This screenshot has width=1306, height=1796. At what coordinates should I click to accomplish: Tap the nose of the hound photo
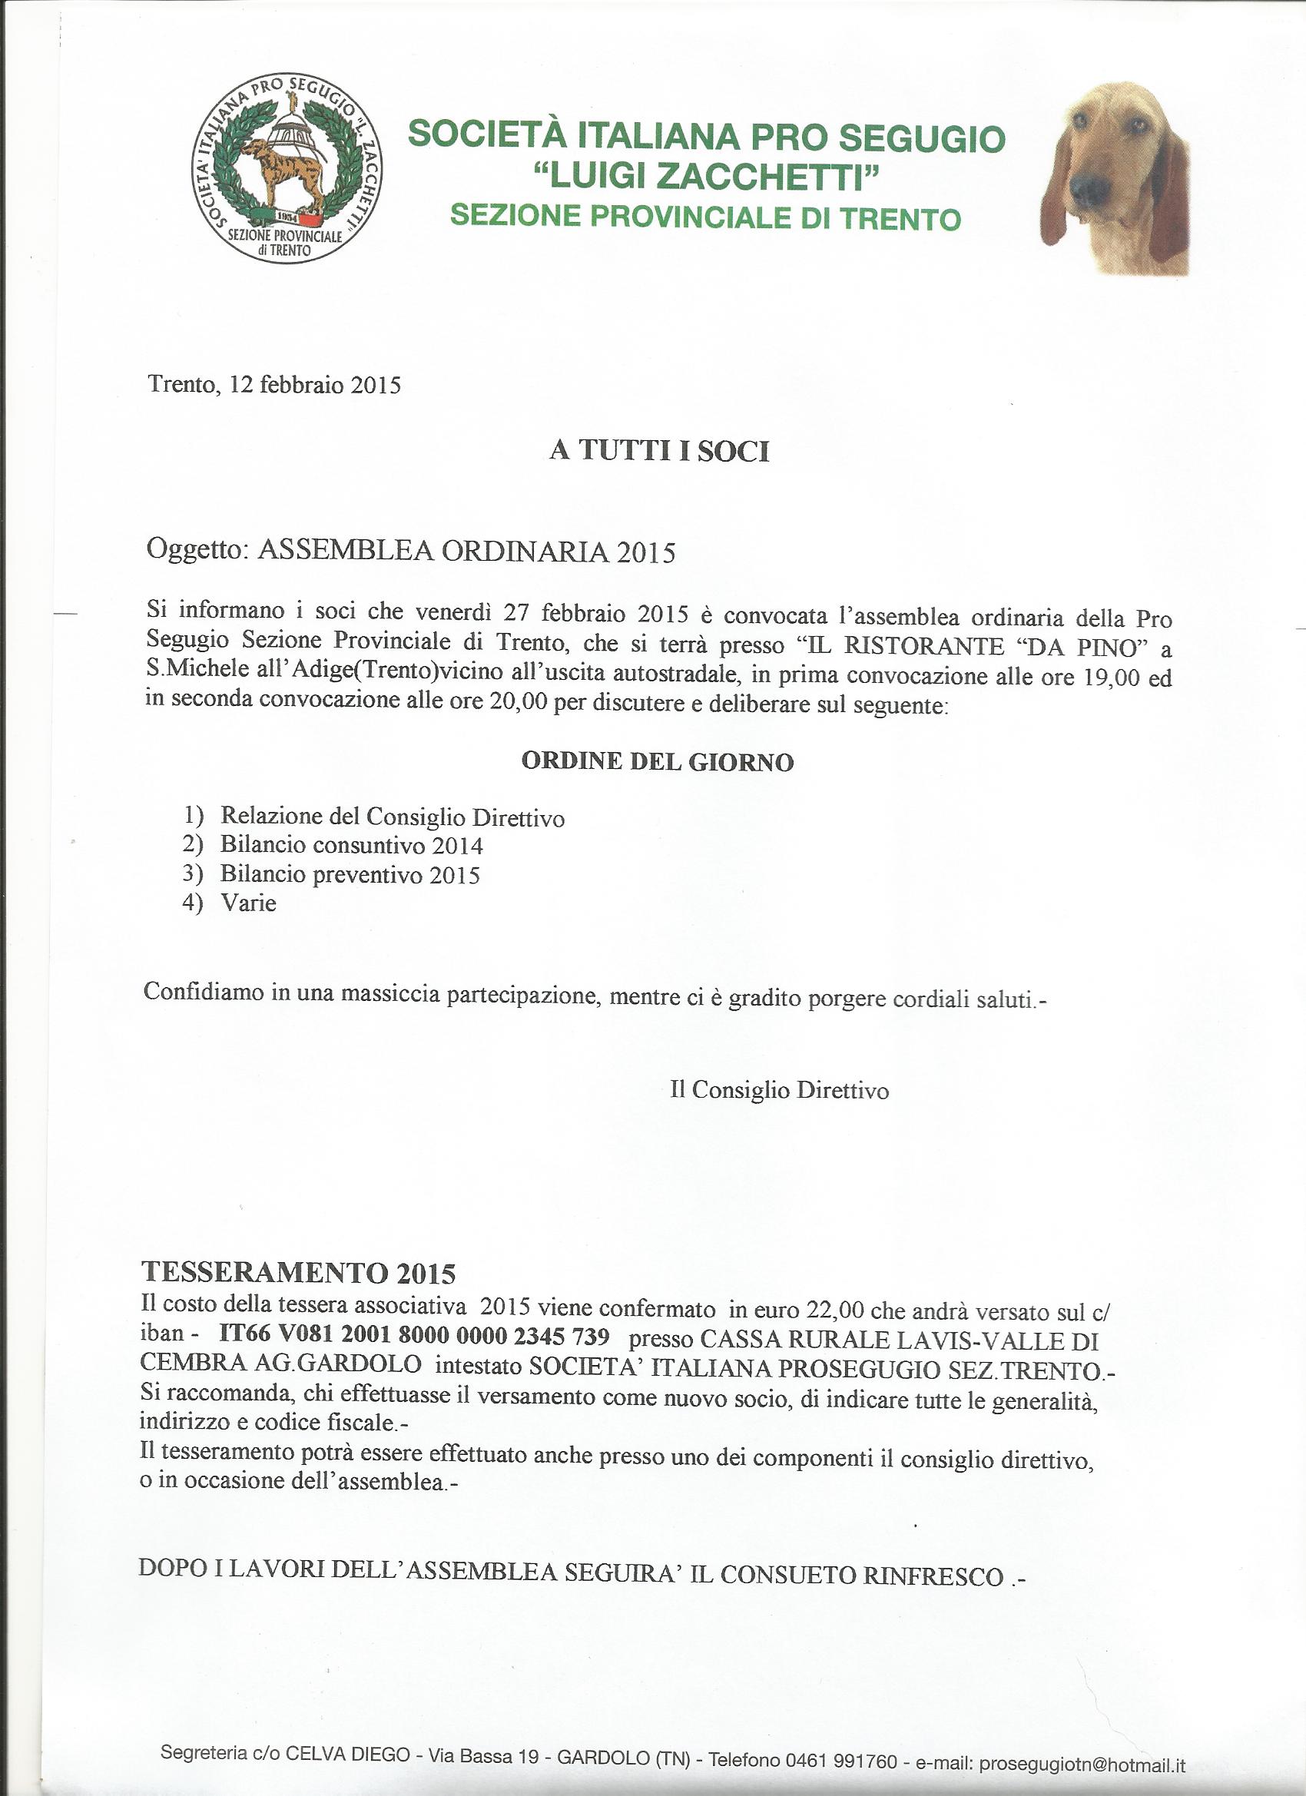click(x=1091, y=187)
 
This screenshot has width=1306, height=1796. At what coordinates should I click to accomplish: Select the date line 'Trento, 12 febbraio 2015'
click(x=274, y=386)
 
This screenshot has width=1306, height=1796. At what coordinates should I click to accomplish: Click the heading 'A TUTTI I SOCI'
click(x=660, y=452)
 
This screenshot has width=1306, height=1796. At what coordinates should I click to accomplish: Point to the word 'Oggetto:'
click(x=197, y=552)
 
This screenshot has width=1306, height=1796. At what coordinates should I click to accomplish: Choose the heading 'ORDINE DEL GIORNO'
click(x=658, y=762)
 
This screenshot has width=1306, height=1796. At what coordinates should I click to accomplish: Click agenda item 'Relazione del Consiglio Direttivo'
click(x=392, y=817)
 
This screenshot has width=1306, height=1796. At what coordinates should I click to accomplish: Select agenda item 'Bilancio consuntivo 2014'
click(x=352, y=846)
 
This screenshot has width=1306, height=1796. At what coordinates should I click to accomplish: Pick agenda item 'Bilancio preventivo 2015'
click(x=350, y=875)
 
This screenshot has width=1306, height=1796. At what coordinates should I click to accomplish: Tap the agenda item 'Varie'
click(x=249, y=903)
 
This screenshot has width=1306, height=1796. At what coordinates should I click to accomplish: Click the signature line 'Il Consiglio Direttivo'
click(x=779, y=1091)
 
